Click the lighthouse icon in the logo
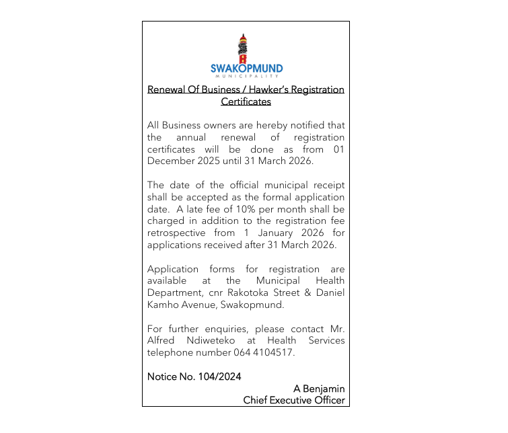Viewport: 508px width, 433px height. [243, 48]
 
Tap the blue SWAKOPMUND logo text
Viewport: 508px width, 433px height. [246, 69]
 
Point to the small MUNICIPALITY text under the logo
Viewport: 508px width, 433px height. [246, 77]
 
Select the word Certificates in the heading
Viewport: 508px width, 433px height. [246, 102]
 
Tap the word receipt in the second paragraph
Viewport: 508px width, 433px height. [328, 185]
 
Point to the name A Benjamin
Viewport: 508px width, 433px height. [319, 389]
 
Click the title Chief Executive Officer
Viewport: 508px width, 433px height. [294, 400]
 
